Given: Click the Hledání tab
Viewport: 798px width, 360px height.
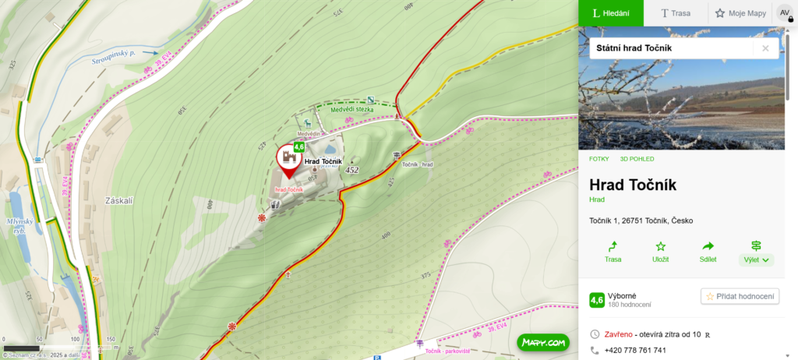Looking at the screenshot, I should (x=610, y=13).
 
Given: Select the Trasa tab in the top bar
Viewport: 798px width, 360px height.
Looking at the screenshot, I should (x=676, y=13).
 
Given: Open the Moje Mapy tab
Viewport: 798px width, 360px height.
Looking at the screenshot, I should (x=740, y=13).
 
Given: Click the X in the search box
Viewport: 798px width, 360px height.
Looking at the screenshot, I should (x=765, y=48).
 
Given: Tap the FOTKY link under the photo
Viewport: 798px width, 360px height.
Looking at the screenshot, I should (x=599, y=159).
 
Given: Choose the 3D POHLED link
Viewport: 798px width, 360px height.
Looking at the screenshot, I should (x=637, y=159).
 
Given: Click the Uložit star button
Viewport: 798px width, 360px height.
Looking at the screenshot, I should (x=660, y=252).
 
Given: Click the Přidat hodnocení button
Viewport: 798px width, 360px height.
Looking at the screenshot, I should (x=740, y=296).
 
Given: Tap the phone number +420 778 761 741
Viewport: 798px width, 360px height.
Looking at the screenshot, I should (x=635, y=351).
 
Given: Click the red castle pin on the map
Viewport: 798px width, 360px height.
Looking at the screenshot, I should (x=288, y=158).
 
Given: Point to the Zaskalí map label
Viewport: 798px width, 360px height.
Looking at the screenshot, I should (x=119, y=201).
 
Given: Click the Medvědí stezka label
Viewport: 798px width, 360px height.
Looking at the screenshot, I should (x=351, y=110).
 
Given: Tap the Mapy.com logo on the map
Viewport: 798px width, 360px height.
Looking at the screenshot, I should (x=542, y=342).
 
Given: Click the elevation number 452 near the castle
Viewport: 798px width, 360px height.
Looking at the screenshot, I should (x=351, y=170).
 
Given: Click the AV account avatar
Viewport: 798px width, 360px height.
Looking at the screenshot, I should (x=785, y=13).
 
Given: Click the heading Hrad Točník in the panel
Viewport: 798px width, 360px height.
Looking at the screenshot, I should (x=633, y=185).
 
